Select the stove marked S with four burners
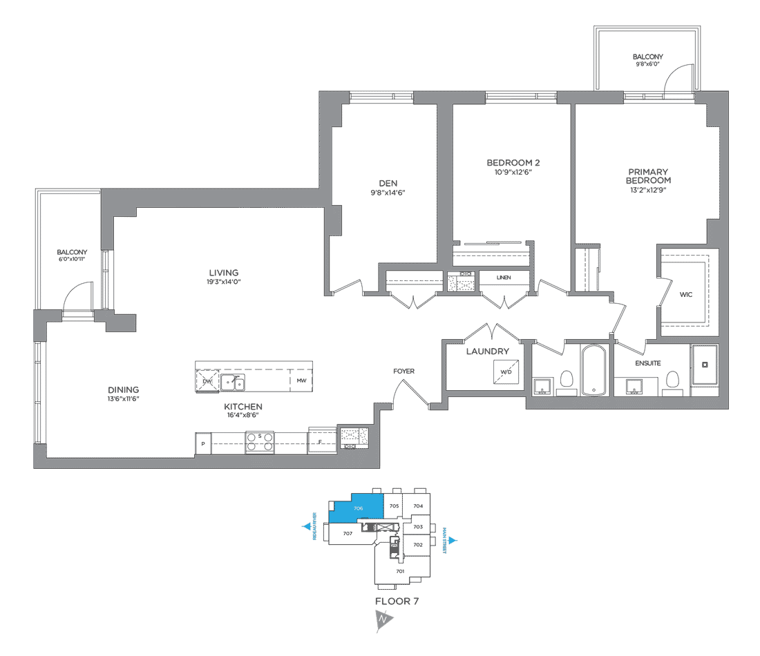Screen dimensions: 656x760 (x=260, y=442)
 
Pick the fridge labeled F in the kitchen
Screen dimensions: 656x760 (x=321, y=440)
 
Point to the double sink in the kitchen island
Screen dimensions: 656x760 (x=232, y=383)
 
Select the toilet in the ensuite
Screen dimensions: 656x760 (x=672, y=380)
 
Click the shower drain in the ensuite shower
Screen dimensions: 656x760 (x=704, y=364)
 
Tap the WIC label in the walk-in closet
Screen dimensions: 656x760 (x=685, y=295)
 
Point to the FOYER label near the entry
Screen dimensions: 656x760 (x=404, y=372)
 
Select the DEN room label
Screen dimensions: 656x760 (x=388, y=183)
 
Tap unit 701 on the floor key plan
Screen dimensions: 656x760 (x=399, y=571)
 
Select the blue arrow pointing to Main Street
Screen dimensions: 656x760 (x=453, y=541)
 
